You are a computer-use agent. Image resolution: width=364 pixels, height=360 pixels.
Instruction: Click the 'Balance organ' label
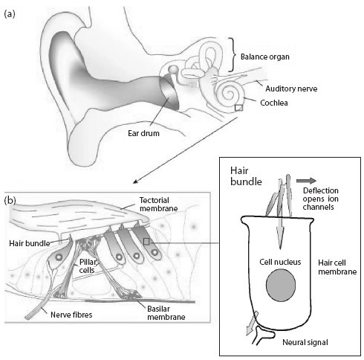(x=265, y=57)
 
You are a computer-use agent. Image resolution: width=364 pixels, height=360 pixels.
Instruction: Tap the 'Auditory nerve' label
(x=291, y=89)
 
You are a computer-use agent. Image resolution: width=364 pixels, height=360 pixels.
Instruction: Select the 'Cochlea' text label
(x=274, y=103)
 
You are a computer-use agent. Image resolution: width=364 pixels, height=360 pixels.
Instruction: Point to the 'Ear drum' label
(x=143, y=133)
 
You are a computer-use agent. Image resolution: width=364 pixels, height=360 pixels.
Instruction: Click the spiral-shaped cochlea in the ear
(x=230, y=94)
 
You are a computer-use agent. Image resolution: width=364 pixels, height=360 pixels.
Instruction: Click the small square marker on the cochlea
(x=238, y=108)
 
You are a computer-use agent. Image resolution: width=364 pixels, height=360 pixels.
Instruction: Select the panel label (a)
(x=10, y=14)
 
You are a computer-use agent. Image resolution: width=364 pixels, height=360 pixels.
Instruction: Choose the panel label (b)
(x=10, y=200)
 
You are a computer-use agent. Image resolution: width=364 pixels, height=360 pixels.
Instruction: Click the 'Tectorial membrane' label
(x=158, y=205)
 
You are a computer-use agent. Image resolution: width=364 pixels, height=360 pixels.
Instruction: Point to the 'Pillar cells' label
(x=87, y=266)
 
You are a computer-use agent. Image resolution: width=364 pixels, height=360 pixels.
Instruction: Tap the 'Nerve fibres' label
(x=71, y=315)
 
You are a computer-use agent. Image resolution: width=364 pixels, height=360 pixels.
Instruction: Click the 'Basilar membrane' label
(x=166, y=313)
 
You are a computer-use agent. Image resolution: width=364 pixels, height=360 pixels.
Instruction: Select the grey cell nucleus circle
(x=281, y=286)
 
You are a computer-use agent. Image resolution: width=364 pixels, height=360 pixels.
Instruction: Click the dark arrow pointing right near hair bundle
(x=306, y=181)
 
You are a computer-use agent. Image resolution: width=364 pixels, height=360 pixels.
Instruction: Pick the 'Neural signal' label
(x=305, y=342)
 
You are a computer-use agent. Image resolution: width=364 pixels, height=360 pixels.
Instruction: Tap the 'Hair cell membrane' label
(x=337, y=267)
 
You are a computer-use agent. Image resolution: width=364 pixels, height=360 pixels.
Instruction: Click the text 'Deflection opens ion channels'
(x=320, y=199)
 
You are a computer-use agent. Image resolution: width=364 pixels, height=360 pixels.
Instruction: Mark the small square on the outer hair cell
(x=146, y=242)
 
